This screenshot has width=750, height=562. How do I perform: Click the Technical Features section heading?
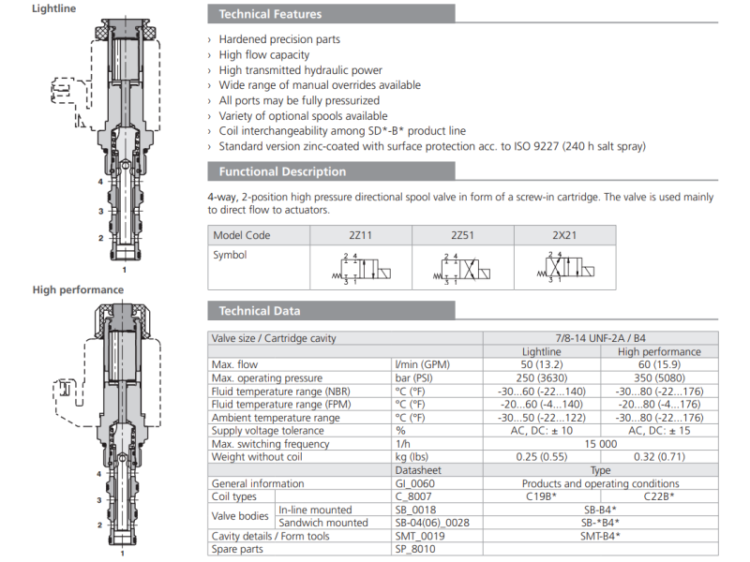pyautogui.click(x=270, y=14)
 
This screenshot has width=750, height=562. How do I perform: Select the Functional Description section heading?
pyautogui.click(x=282, y=171)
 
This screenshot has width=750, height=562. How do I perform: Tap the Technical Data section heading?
pyautogui.click(x=260, y=311)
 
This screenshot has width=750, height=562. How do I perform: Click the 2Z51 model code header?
pyautogui.click(x=462, y=235)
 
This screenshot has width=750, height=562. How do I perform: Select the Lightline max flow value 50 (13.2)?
pyautogui.click(x=541, y=364)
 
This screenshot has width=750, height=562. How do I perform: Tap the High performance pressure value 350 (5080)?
pyautogui.click(x=660, y=377)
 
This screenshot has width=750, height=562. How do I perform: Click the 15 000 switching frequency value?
pyautogui.click(x=600, y=444)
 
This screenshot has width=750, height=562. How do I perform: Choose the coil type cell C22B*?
pyautogui.click(x=660, y=496)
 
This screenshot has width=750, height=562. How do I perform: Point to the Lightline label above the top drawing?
pyautogui.click(x=54, y=8)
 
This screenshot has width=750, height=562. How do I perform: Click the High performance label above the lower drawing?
pyautogui.click(x=78, y=289)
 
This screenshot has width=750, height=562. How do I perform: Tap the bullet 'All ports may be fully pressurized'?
pyautogui.click(x=299, y=100)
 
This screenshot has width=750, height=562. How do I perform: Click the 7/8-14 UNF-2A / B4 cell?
pyautogui.click(x=600, y=338)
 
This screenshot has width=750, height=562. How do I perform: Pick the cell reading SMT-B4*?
pyautogui.click(x=600, y=536)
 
